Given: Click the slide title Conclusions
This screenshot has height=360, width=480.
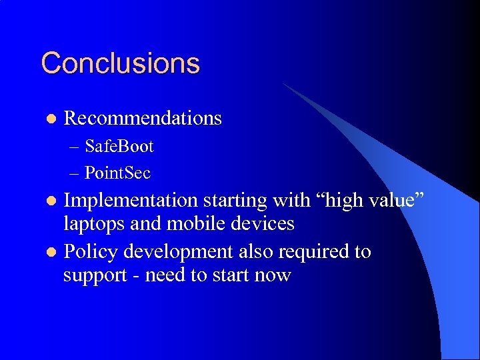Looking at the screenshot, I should (x=120, y=63).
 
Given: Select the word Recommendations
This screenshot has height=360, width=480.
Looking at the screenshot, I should (x=142, y=118).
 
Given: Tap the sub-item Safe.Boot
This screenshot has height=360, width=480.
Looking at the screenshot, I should (x=119, y=146).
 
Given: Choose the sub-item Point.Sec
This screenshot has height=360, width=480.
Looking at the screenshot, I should (x=117, y=173).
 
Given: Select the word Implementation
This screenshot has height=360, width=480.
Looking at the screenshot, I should (x=131, y=200).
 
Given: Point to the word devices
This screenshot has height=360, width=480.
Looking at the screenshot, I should (x=262, y=223).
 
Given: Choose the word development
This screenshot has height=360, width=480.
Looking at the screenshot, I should (x=185, y=253).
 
